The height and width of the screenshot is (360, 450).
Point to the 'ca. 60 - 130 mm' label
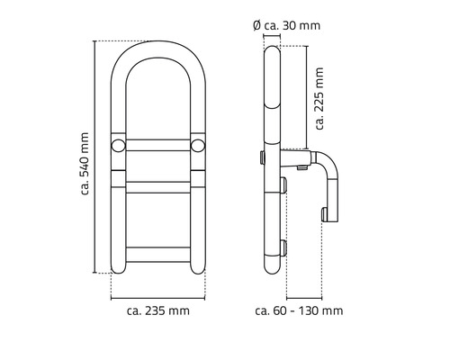click(299, 310)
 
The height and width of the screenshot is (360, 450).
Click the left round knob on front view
click(118, 146)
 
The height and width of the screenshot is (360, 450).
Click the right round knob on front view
click(198, 146)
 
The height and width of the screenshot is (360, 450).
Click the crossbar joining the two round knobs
click(158, 146)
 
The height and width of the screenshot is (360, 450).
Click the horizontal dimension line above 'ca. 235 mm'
click(158, 298)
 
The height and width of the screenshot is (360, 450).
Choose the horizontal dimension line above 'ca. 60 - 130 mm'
click(304, 298)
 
